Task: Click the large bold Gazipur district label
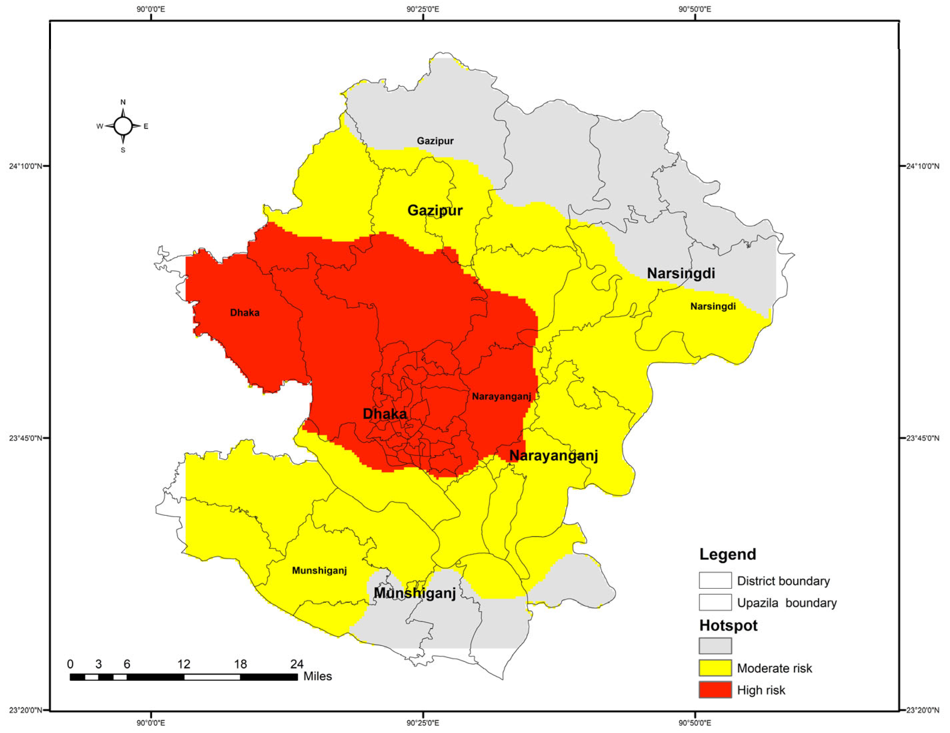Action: coord(435,211)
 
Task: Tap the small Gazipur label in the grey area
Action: coord(435,141)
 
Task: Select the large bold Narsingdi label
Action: coord(681,273)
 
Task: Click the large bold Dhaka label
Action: coord(385,414)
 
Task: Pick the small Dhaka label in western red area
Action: coord(245,313)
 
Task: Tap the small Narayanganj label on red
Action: coord(501,396)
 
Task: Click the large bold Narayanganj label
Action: coord(553,455)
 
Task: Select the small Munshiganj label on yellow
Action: coord(319,570)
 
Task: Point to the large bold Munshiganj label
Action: coord(415,593)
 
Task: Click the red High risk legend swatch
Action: coord(715,690)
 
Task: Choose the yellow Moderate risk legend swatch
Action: coord(715,668)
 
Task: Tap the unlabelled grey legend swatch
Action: coord(715,646)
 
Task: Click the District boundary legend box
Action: coord(715,580)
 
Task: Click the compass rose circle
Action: coord(123,126)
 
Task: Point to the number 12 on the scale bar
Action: coord(184,664)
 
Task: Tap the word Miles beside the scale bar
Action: coord(318,676)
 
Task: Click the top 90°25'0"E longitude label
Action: coord(423,9)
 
